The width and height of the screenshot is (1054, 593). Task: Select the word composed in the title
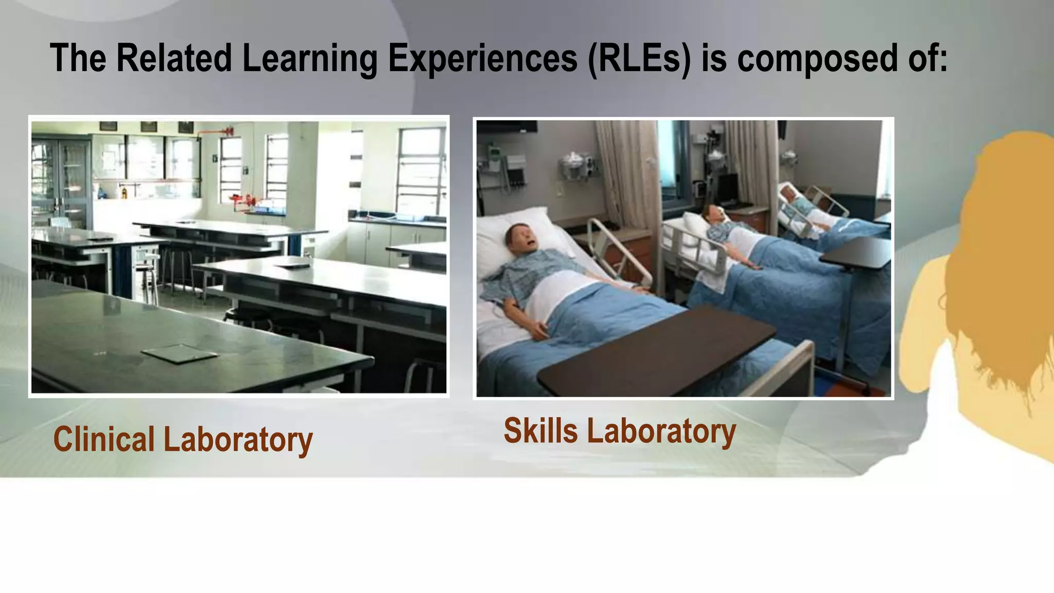click(x=818, y=58)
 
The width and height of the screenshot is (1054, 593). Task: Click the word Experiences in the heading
click(x=482, y=58)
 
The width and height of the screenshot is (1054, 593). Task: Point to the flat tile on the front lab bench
click(x=179, y=354)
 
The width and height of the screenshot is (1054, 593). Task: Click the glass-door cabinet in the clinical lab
click(x=61, y=180)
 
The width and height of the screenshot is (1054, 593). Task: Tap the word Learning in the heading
click(x=309, y=58)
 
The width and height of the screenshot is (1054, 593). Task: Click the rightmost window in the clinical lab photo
click(x=420, y=170)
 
